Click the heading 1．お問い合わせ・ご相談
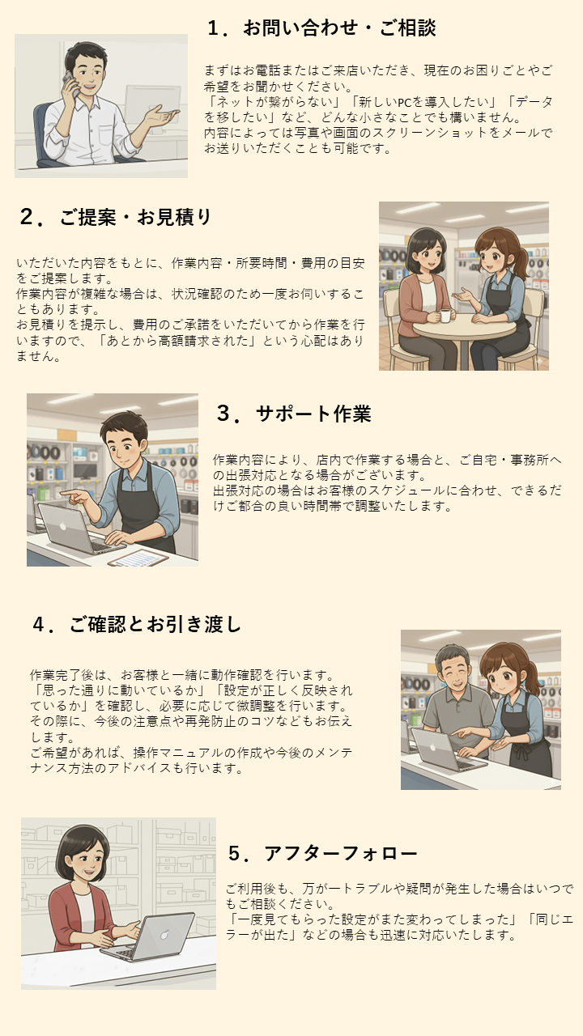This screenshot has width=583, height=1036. coord(321,28)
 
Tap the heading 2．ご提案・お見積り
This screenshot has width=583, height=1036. coord(115,217)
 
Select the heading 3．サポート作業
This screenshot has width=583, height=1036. coord(294,414)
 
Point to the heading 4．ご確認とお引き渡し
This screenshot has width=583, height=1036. coord(137,624)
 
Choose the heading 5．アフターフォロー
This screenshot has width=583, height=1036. coord(323,853)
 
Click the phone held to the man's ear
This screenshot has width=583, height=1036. coord(70,83)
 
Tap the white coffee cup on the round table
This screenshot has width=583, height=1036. coord(445,316)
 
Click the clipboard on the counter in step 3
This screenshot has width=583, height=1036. coord(138,558)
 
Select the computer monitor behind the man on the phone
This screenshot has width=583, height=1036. coord(153,108)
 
